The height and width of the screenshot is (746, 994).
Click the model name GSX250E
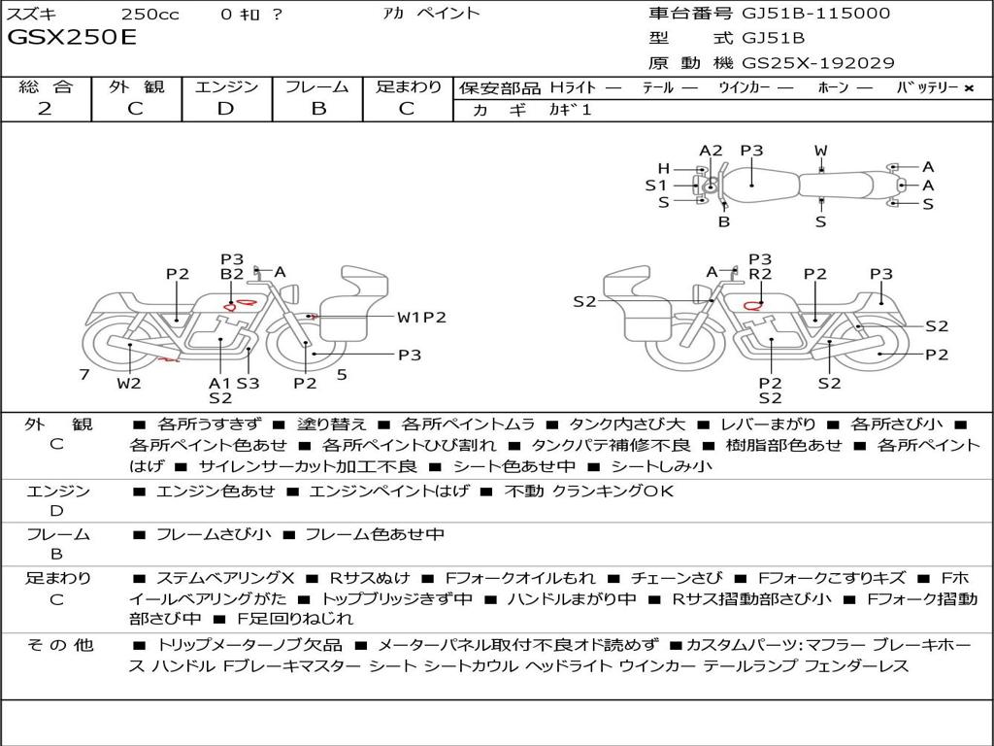point(72,38)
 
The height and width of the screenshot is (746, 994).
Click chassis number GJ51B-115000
point(815,14)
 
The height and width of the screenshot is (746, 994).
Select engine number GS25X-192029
point(817,63)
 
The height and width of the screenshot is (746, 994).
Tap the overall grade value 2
point(45,109)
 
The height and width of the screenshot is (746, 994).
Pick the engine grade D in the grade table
point(225,109)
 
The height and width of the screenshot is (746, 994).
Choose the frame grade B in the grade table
point(318,109)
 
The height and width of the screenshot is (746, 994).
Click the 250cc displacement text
point(150,15)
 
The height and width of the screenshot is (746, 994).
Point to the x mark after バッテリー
point(969,88)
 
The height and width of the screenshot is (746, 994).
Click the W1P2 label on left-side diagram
point(421,318)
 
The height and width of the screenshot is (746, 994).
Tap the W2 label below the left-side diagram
point(129,383)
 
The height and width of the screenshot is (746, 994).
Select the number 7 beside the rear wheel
point(84,374)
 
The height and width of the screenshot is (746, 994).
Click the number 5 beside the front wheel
point(342,374)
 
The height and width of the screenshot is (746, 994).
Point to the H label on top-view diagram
point(664,169)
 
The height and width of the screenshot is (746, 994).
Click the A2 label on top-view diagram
point(711,151)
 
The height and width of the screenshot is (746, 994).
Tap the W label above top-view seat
point(821,151)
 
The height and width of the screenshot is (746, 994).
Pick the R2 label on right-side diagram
point(760,274)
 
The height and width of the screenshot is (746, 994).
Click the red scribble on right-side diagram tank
point(752,306)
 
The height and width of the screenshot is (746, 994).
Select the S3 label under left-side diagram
point(248,383)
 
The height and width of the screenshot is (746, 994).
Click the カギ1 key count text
point(570,110)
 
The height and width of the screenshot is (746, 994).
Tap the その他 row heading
point(59,645)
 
